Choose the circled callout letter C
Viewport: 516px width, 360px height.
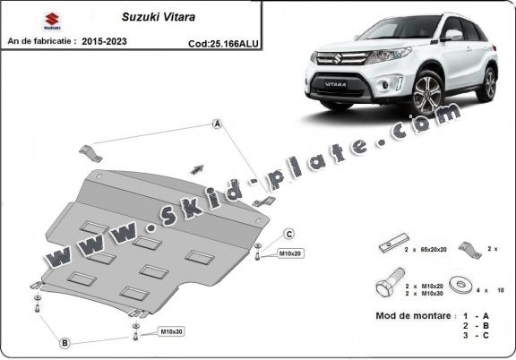point(289,235)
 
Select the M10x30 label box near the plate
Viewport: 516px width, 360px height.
point(171,332)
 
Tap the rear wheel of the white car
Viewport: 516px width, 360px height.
point(488,82)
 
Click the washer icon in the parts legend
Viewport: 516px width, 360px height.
point(464,285)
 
